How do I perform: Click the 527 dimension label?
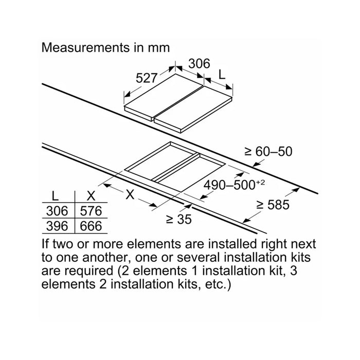[x=146, y=78]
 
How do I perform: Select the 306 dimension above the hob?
[x=200, y=64]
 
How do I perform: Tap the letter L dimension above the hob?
[x=222, y=75]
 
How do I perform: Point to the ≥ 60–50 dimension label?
[x=268, y=152]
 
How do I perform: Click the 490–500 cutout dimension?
[x=229, y=185]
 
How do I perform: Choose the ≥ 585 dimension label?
[x=273, y=205]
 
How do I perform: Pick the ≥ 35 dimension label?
[x=179, y=219]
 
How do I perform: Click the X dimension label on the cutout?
[x=130, y=195]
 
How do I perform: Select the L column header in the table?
[x=55, y=196]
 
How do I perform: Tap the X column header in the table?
[x=91, y=196]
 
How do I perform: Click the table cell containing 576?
[x=91, y=211]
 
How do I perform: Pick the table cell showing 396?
[x=57, y=226]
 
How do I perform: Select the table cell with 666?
[x=91, y=226]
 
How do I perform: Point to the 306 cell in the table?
[x=57, y=211]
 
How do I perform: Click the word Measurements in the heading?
[x=86, y=48]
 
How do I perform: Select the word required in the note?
[x=88, y=272]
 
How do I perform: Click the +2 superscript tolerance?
[x=260, y=183]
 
